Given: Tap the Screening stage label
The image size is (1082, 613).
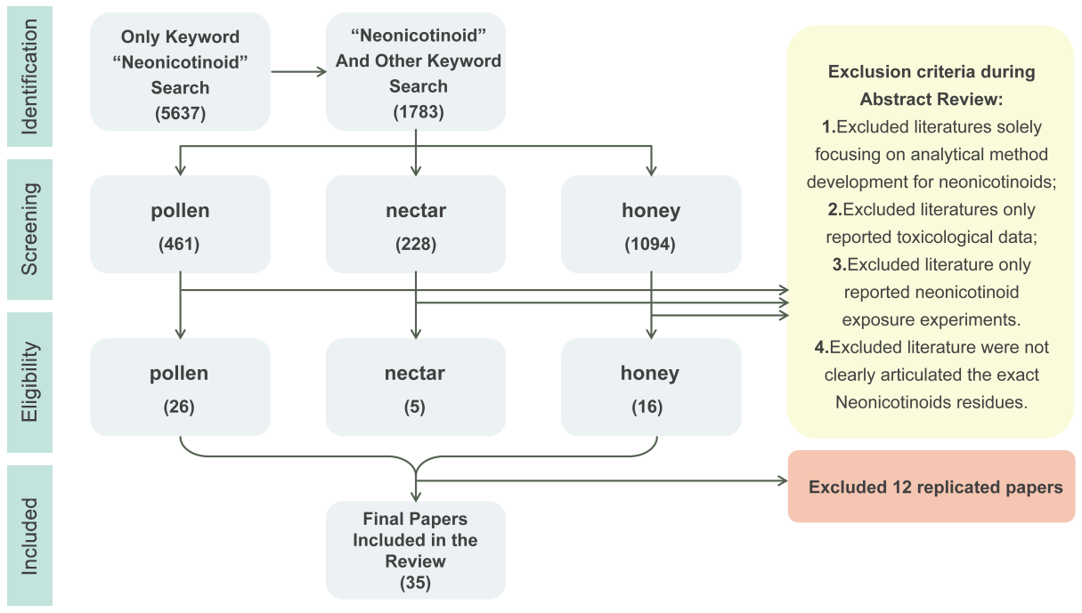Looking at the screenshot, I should click(x=29, y=229).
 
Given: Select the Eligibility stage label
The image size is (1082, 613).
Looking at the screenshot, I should click(x=29, y=382).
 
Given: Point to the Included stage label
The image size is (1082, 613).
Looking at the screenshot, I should click(x=29, y=536).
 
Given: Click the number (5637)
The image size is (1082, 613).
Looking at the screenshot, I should click(x=180, y=113).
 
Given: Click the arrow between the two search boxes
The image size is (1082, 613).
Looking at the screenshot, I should click(x=298, y=72).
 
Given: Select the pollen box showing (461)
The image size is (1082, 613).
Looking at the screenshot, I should click(x=180, y=223).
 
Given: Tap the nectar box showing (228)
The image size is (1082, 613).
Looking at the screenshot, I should click(x=416, y=223).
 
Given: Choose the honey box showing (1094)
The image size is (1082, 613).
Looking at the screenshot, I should click(x=651, y=223).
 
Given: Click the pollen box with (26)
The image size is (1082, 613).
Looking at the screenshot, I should click(x=180, y=387).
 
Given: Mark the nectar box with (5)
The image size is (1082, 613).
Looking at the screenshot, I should click(x=416, y=387).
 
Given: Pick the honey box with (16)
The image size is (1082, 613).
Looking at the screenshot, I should click(x=651, y=387).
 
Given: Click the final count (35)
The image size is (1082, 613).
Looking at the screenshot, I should click(x=415, y=584).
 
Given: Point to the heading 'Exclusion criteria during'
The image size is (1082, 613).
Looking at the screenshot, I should click(x=931, y=72).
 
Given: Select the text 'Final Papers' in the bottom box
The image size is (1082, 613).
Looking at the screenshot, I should click(x=415, y=519).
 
